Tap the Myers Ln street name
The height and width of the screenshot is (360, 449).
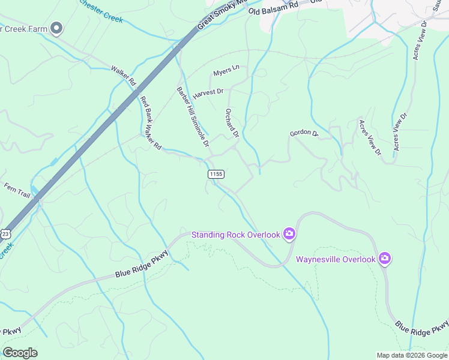(x=226, y=71)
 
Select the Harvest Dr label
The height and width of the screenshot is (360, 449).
(x=208, y=94)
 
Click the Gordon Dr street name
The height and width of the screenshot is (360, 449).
(x=303, y=133)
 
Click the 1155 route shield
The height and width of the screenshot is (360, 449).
(x=216, y=174)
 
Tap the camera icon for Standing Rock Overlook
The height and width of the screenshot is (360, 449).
(x=289, y=234)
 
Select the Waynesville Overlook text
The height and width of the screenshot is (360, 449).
(x=336, y=259)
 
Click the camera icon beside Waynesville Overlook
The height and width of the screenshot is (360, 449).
(x=384, y=259)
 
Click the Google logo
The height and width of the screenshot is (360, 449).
(x=20, y=353)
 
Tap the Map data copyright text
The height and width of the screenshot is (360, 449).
(x=412, y=355)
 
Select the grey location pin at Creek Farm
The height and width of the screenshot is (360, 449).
(x=57, y=28)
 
